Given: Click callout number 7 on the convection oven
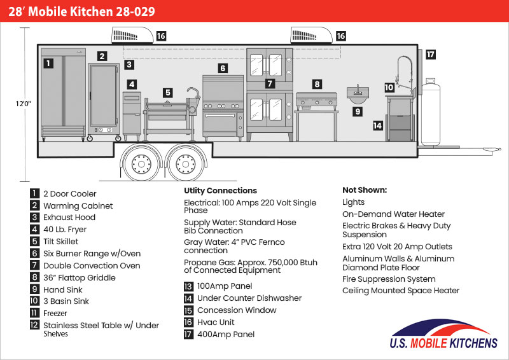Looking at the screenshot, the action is (270, 83).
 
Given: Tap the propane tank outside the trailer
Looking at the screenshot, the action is (431, 112).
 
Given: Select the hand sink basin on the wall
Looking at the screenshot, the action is (358, 94).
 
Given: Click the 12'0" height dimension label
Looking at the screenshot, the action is (24, 104).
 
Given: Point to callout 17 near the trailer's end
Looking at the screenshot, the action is (431, 54).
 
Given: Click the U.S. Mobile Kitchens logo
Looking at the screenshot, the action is (443, 334).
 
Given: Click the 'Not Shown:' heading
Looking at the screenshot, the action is (365, 190).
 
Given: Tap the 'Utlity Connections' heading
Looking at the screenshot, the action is (220, 191).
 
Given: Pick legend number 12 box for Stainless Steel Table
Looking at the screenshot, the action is (34, 325).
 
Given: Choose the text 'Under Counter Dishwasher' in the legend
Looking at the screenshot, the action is (249, 298).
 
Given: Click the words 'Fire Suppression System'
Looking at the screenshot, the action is (389, 279).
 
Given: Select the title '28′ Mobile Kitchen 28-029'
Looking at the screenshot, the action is (81, 11).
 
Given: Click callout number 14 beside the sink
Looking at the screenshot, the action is (377, 125).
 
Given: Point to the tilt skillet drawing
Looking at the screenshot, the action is (171, 114).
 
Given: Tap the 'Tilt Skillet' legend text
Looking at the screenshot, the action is (60, 242).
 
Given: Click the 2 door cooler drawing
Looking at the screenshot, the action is (64, 95).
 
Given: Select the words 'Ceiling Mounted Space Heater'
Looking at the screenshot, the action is (401, 291).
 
